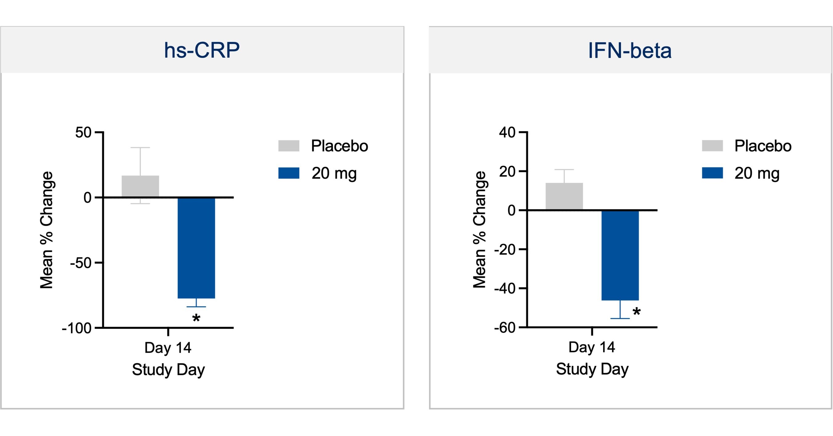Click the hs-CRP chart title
(x=202, y=51)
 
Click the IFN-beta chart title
(x=630, y=51)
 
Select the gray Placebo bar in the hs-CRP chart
(x=140, y=187)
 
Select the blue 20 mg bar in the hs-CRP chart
(x=196, y=248)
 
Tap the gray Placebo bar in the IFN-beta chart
(x=564, y=196)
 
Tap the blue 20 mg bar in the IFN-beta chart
(x=620, y=255)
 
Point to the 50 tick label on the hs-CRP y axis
(x=83, y=133)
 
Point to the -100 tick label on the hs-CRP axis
(x=77, y=328)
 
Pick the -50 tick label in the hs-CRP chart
(x=81, y=263)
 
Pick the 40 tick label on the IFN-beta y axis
(x=507, y=133)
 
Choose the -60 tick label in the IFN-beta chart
(x=504, y=328)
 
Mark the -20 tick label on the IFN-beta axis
(x=504, y=249)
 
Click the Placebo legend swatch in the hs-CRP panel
(x=289, y=146)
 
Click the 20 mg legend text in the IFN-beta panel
(x=757, y=173)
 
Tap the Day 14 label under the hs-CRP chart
(x=168, y=348)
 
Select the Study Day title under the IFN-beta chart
(x=592, y=369)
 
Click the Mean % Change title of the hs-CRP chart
(x=46, y=230)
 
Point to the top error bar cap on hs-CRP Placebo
(x=140, y=148)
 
